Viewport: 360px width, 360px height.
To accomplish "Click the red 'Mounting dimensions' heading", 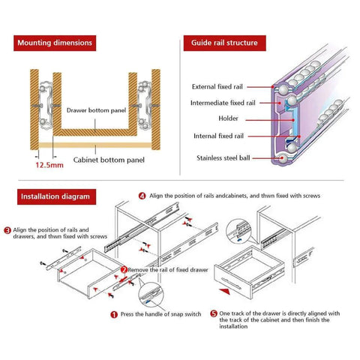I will click(55, 43).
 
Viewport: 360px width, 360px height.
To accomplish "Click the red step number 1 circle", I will click(113, 315).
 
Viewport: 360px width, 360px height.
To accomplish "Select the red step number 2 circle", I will click(124, 268).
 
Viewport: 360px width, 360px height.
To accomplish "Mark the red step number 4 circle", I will click(142, 196).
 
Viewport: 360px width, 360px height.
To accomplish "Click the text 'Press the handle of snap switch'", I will click(160, 315).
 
